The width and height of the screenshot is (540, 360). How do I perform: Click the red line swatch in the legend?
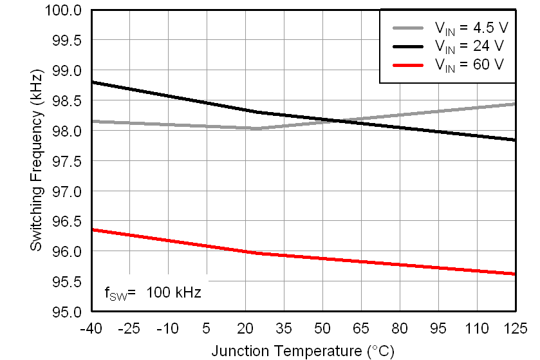[408, 65]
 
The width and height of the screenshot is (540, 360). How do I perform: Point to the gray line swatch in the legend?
[408, 28]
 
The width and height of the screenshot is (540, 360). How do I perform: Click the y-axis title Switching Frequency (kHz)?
[37, 161]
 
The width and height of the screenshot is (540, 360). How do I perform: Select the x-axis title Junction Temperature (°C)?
[303, 351]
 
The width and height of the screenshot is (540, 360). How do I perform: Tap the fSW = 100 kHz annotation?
[153, 293]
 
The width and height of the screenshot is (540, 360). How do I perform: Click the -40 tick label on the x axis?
[91, 328]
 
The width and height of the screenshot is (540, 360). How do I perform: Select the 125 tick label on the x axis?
[516, 328]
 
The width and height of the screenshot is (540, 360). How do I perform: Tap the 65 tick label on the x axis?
[360, 328]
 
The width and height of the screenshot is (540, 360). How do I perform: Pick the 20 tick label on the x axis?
[245, 328]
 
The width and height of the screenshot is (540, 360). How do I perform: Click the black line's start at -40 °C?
[92, 82]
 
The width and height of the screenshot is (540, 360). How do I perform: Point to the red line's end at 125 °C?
[515, 274]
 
